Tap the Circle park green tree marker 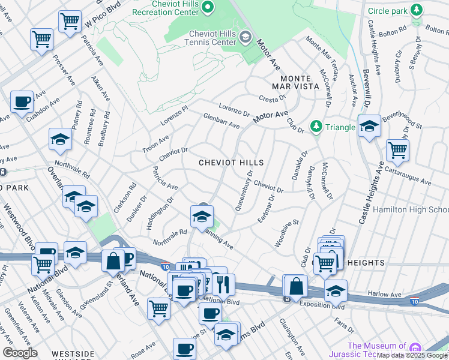coord(415,10)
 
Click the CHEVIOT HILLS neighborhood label coord(231,163)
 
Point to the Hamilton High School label coord(411,209)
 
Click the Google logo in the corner coord(20,353)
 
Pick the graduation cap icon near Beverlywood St coord(369,126)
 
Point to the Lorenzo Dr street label coord(234,108)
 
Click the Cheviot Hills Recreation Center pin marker coord(209,7)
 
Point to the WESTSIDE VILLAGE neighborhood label coord(73,354)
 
